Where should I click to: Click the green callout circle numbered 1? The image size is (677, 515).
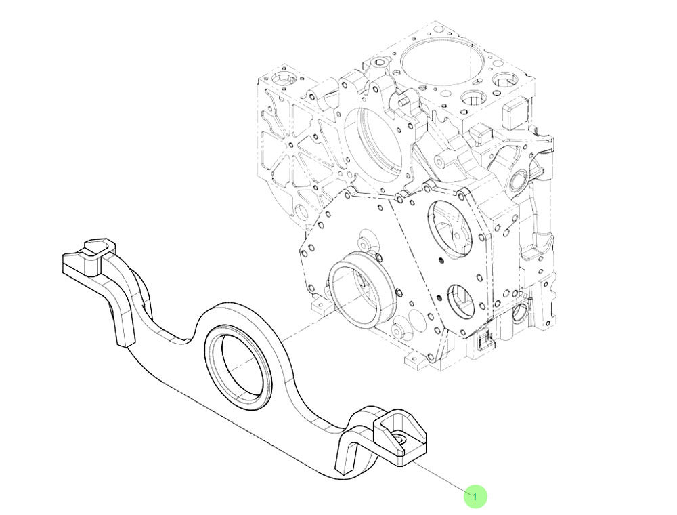click(475, 497)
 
